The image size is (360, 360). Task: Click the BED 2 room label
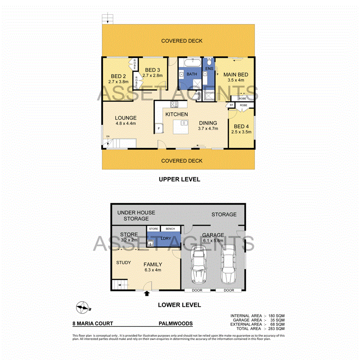pos(118,76)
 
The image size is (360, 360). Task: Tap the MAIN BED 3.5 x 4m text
pos(236,77)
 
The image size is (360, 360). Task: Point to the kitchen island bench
pos(180,128)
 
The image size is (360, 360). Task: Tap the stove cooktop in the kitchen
pos(174,105)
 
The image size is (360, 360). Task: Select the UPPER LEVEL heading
pos(179,179)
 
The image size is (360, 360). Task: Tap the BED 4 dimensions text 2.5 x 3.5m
pos(242,131)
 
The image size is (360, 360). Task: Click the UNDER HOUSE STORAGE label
pos(136,216)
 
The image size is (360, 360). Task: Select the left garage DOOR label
pos(198,290)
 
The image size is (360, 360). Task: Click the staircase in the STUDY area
pos(120,285)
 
